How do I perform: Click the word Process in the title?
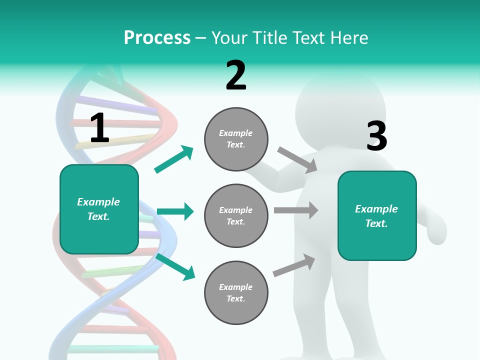pos(157,37)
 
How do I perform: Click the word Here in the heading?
pos(348,37)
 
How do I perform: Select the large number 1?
pos(99,127)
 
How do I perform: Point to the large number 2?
pos(236,75)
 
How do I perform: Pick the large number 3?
pos(377,135)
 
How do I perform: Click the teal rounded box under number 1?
pos(99,209)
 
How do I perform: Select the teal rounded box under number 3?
pos(377,216)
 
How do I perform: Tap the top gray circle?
pos(236,139)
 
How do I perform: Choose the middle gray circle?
pos(236,216)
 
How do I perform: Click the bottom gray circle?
pos(236,292)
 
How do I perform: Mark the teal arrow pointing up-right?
pos(173,159)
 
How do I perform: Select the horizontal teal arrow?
pos(175,211)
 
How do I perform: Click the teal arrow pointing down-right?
pos(175,267)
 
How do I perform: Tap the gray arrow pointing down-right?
pos(297,160)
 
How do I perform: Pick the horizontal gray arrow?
pos(296,210)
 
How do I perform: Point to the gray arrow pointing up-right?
pos(294,265)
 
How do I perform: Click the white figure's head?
pos(340,111)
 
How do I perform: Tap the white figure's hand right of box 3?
pos(436,229)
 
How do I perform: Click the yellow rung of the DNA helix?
pos(116,141)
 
